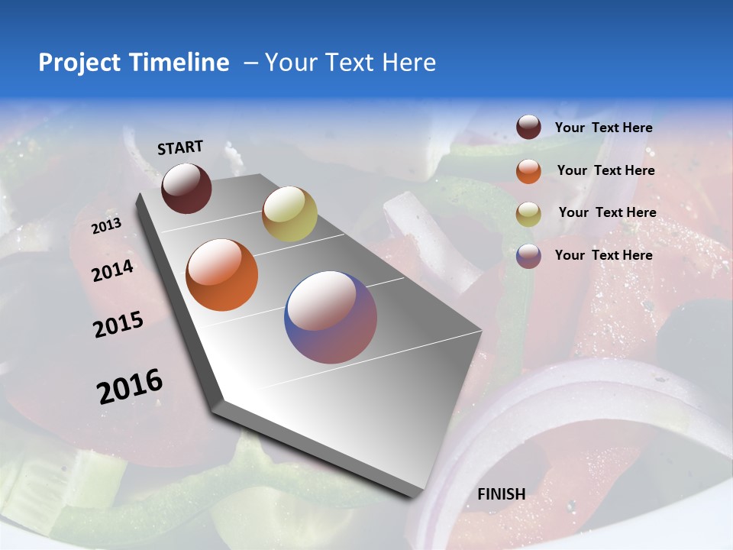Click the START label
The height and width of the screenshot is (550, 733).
(x=180, y=147)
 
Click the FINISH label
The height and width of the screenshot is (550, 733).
(x=501, y=494)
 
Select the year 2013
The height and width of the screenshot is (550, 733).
(x=106, y=226)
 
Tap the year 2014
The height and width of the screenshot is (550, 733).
(x=112, y=270)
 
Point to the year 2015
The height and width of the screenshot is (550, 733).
(x=118, y=325)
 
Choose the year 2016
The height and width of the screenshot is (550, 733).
(x=130, y=387)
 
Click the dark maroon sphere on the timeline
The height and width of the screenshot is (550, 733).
(x=186, y=188)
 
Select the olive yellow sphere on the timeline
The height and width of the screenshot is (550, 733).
(x=289, y=214)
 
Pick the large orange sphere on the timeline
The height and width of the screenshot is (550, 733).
(x=222, y=275)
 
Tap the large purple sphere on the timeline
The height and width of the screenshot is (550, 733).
(x=331, y=317)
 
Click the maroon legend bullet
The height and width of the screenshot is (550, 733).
(x=528, y=128)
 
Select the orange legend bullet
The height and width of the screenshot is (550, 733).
(x=528, y=171)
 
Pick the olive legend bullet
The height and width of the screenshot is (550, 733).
(x=528, y=214)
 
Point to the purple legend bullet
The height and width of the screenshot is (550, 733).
(x=528, y=256)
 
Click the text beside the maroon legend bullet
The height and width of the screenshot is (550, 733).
(x=603, y=128)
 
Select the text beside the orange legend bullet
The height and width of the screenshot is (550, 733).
(x=605, y=170)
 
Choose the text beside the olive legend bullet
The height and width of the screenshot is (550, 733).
(x=607, y=212)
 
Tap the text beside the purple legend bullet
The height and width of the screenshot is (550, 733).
(x=603, y=255)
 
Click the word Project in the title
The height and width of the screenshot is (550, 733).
(x=79, y=63)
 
